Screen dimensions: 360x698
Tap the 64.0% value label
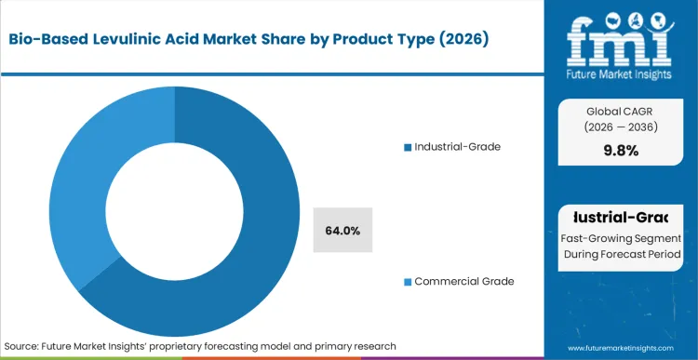click(x=343, y=230)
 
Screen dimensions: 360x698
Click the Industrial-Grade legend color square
click(x=407, y=147)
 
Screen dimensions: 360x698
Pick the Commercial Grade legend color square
click(x=407, y=281)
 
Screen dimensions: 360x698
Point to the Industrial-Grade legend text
click(x=458, y=147)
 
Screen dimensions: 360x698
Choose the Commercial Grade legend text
click(x=464, y=281)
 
